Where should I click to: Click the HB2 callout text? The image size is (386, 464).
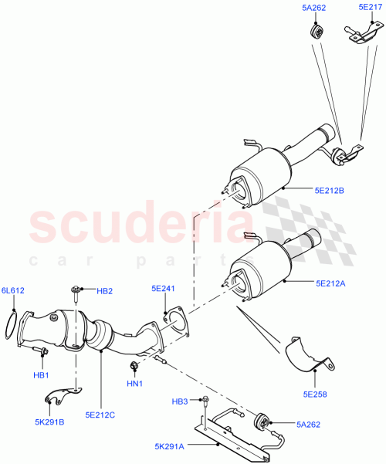click(105, 291)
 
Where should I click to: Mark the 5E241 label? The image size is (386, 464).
click(164, 290)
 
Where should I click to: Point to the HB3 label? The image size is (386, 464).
click(179, 400)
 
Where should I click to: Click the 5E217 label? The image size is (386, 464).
click(371, 7)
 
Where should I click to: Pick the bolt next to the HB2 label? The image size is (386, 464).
click(76, 291)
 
